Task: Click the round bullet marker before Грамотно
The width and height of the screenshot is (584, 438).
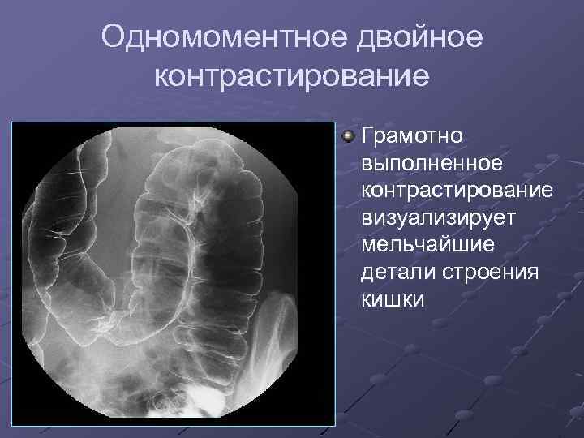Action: [348, 134]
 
